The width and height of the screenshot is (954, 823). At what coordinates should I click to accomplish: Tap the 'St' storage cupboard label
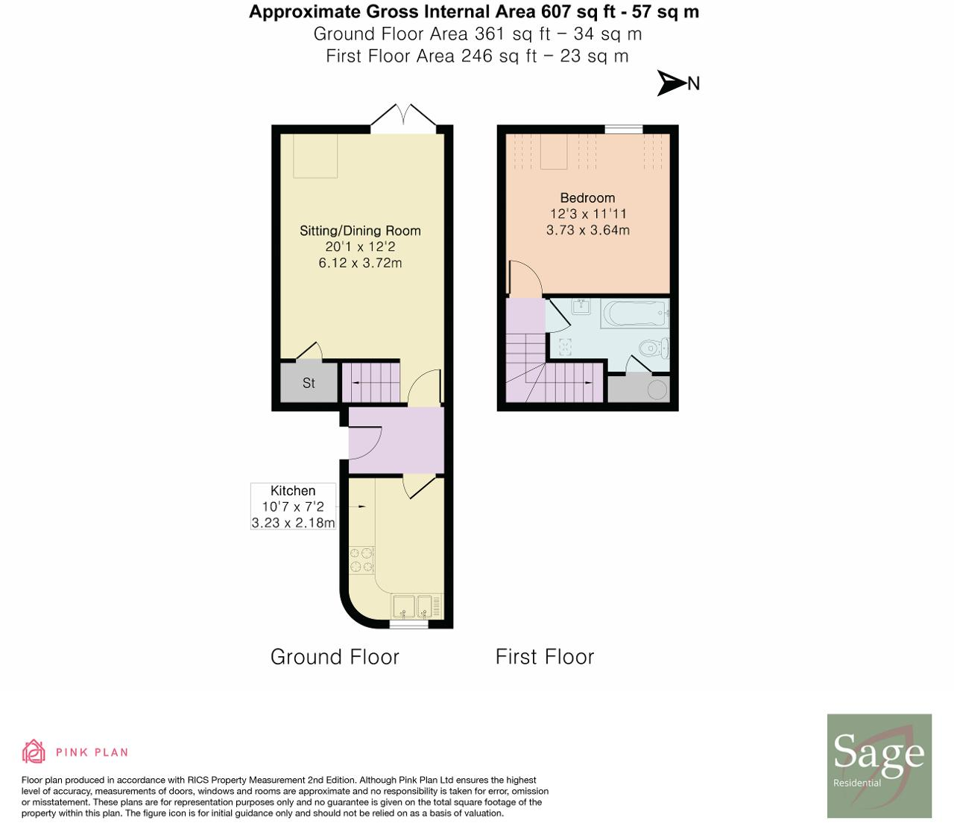click(x=309, y=383)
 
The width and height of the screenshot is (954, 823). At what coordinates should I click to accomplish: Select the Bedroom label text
click(x=587, y=198)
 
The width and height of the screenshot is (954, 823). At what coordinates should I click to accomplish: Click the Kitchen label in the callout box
click(x=293, y=491)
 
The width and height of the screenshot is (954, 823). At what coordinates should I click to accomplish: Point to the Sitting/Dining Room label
click(x=360, y=231)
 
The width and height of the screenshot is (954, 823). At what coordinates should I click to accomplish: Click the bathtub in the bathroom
click(x=634, y=314)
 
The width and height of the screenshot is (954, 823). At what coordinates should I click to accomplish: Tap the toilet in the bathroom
click(x=654, y=348)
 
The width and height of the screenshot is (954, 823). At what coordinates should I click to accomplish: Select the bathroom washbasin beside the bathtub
click(x=581, y=306)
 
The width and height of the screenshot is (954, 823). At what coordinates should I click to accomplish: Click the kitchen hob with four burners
click(x=361, y=560)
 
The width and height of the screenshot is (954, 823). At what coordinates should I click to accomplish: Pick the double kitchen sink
click(x=412, y=606)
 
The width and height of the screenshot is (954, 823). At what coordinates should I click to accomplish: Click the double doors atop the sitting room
click(x=403, y=119)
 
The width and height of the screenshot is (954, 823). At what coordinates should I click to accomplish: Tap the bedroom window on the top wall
click(x=623, y=130)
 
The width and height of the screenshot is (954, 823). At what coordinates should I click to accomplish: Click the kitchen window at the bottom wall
click(x=408, y=625)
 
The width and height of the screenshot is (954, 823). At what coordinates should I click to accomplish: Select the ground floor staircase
click(x=370, y=382)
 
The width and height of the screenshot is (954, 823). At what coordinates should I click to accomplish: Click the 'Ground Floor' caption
click(x=335, y=657)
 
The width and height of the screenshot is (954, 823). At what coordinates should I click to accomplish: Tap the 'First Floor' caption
click(x=545, y=657)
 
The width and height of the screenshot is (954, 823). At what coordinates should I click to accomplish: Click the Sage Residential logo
click(x=879, y=766)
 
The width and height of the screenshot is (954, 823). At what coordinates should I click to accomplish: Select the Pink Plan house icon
click(x=34, y=751)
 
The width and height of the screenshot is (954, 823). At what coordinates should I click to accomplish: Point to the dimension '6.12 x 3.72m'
click(x=360, y=263)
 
